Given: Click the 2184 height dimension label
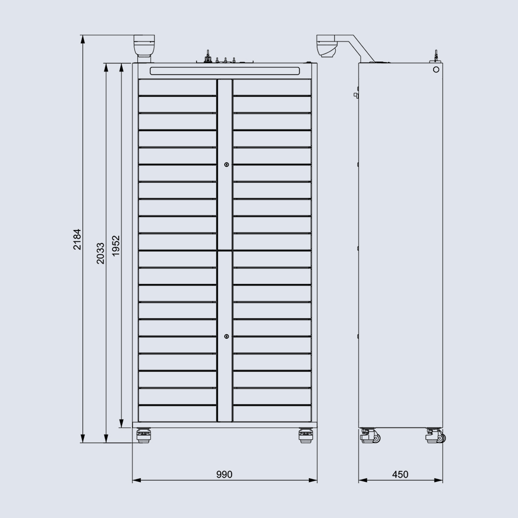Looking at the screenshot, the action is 77,239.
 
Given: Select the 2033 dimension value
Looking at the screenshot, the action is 100,253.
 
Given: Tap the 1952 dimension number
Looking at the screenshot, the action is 116,246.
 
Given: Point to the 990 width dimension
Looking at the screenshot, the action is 224,474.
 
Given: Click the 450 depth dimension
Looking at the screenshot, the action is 400,474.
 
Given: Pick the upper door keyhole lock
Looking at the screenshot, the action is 227,165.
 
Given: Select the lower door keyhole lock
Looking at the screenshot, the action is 227,336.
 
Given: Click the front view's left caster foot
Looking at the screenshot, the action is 143,435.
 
